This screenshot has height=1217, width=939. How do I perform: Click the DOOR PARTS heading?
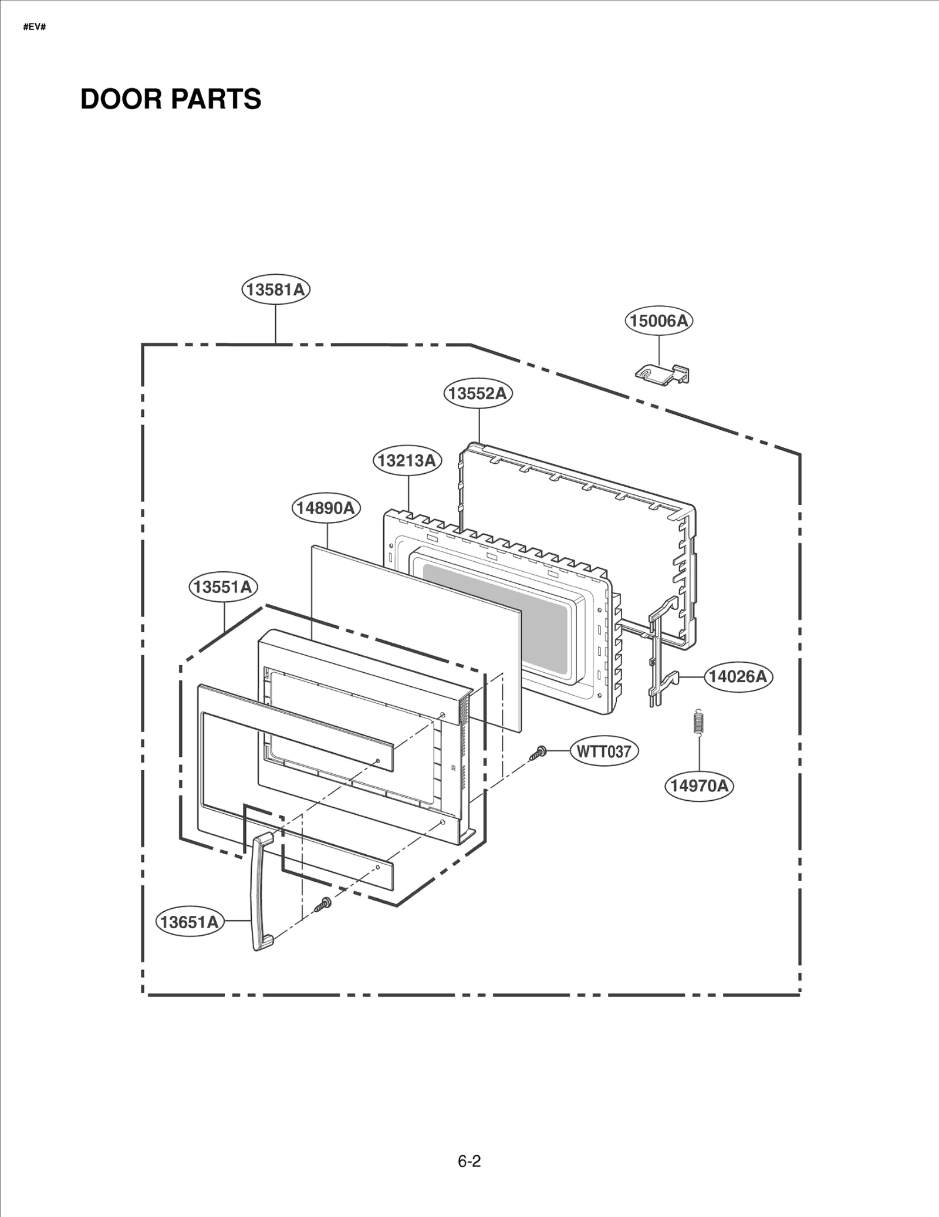[x=170, y=99]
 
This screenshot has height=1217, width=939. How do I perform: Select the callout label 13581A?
[x=275, y=289]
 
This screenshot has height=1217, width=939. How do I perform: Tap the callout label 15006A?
[x=658, y=321]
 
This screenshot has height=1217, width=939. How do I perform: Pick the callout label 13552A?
[x=478, y=393]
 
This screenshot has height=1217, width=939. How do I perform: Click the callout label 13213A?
[x=407, y=460]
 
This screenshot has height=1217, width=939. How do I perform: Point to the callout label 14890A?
[x=326, y=508]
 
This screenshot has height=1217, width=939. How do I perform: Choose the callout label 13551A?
[x=223, y=586]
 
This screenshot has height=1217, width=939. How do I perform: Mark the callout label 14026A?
[x=738, y=676]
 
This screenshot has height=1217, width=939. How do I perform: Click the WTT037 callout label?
[x=604, y=751]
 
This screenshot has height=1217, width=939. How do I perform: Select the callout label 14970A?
[x=699, y=786]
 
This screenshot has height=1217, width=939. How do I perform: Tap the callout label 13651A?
[x=190, y=922]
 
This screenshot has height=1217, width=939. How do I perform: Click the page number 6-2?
[x=469, y=1161]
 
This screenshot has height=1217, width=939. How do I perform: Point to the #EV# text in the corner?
[x=35, y=27]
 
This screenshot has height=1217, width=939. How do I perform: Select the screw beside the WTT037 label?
[x=538, y=753]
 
